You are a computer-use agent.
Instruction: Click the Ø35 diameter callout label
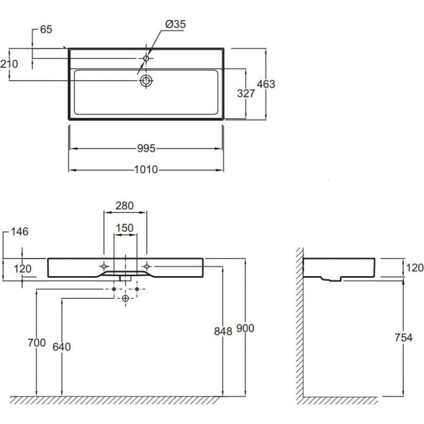[175, 24]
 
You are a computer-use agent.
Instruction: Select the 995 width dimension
[146, 148]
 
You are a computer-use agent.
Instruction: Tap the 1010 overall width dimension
[146, 170]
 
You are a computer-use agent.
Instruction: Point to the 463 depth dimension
[266, 84]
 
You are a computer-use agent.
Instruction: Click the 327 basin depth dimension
[246, 93]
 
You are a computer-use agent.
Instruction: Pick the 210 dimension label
[9, 64]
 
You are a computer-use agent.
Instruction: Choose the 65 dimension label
[46, 30]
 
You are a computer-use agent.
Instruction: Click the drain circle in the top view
[146, 81]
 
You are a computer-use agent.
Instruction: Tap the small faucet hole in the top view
[146, 58]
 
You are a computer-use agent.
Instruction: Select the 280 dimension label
[125, 206]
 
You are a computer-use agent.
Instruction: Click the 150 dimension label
[125, 228]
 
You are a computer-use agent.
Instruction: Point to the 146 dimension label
[20, 232]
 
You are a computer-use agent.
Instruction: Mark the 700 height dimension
[37, 342]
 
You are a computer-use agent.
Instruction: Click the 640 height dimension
[61, 347]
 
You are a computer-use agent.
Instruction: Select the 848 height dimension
[223, 331]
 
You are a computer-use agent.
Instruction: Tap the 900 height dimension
[245, 328]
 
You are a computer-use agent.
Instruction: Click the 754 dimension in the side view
[403, 337]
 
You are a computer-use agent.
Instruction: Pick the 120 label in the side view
[415, 268]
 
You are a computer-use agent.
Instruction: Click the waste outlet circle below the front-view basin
[126, 298]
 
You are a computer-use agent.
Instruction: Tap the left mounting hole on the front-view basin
[104, 267]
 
